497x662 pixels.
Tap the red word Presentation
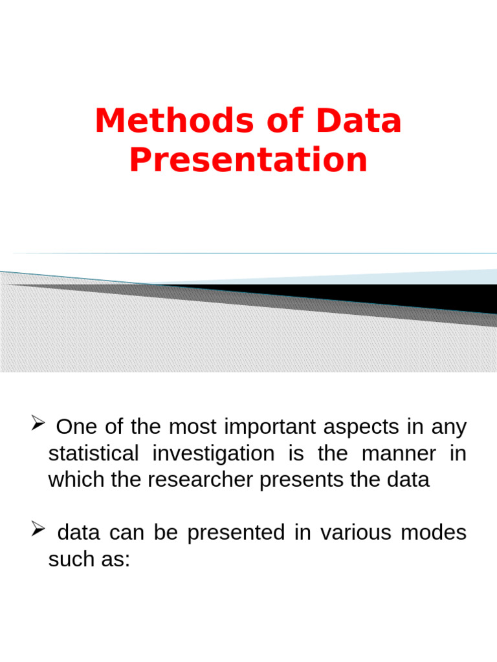coord(248,160)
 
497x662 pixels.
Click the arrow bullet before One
coord(37,425)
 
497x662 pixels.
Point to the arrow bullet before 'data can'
coord(37,531)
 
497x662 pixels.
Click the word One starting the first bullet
coord(76,427)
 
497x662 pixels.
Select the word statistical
coord(93,454)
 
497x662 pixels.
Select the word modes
coord(434,533)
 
